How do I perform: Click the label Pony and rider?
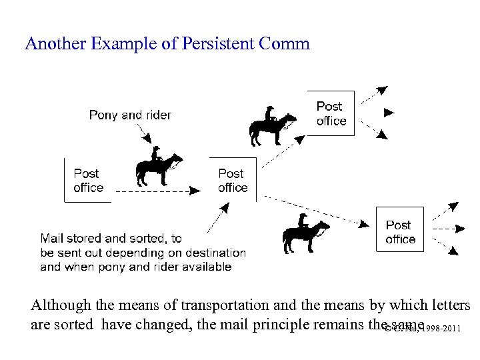click(x=130, y=115)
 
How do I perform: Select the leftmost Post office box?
click(x=88, y=180)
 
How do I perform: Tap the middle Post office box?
click(x=233, y=180)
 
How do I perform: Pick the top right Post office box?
click(x=331, y=113)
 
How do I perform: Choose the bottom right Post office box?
click(x=400, y=231)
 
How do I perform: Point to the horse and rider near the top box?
click(x=272, y=126)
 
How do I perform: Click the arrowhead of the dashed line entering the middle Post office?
click(x=194, y=191)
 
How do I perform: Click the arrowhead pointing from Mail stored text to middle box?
click(x=225, y=209)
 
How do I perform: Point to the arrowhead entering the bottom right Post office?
click(x=369, y=225)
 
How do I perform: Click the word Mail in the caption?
click(x=53, y=238)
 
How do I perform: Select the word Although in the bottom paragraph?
click(x=61, y=305)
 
